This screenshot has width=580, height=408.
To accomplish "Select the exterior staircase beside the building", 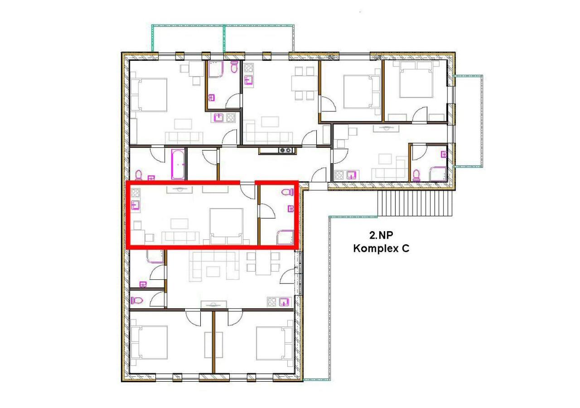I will (415, 203).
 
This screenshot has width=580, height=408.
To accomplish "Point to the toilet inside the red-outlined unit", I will (286, 192).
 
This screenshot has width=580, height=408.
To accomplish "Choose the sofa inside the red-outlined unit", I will (180, 237).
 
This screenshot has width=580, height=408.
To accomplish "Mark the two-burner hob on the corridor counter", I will (285, 150).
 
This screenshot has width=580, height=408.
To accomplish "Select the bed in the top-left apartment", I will (150, 94).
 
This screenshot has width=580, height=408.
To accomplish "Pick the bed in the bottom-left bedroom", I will (150, 342).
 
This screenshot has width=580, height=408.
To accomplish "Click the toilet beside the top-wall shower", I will (234, 68).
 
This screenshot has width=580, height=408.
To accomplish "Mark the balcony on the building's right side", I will (468, 120).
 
